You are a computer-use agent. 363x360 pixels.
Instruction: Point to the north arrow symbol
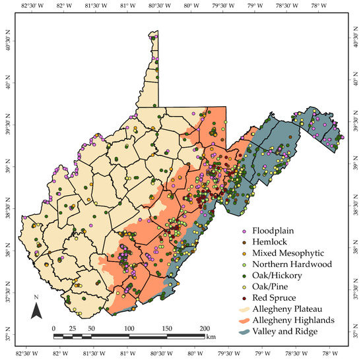coord(38,310)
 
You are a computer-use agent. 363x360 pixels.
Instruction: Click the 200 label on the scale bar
coord(205,328)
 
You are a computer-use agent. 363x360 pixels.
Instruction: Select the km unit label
coord(211,336)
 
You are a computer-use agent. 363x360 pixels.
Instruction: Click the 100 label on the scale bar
coord(129,328)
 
